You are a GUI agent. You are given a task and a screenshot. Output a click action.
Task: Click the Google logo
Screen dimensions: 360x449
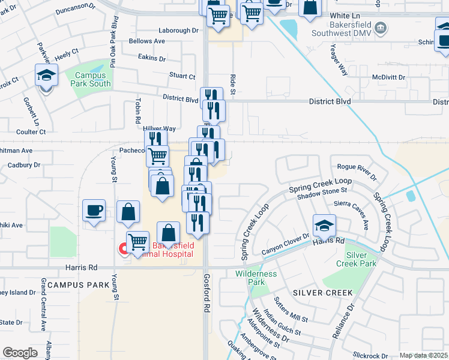pyautogui.click(x=20, y=352)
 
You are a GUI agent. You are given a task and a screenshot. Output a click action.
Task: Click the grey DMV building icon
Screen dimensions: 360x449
pyautogui.click(x=379, y=28)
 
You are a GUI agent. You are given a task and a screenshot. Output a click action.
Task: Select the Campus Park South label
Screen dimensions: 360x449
pyautogui.click(x=90, y=80)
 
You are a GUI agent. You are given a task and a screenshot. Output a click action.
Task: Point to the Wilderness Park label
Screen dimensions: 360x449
pyautogui.click(x=256, y=278)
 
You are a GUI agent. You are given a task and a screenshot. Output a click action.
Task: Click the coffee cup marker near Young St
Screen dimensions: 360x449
pyautogui.click(x=94, y=211)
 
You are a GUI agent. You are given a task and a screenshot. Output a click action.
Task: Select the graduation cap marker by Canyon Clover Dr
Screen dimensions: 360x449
pyautogui.click(x=324, y=226)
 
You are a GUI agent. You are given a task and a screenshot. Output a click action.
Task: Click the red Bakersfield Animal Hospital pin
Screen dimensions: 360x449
pyautogui.click(x=124, y=248)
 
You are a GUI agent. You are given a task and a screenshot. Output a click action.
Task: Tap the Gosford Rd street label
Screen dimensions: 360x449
pyautogui.click(x=206, y=300)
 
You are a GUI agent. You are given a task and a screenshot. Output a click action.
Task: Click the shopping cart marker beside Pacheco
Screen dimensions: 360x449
pyautogui.click(x=157, y=156)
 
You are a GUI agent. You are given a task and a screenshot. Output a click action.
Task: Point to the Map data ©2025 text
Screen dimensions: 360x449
pyautogui.click(x=423, y=355)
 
